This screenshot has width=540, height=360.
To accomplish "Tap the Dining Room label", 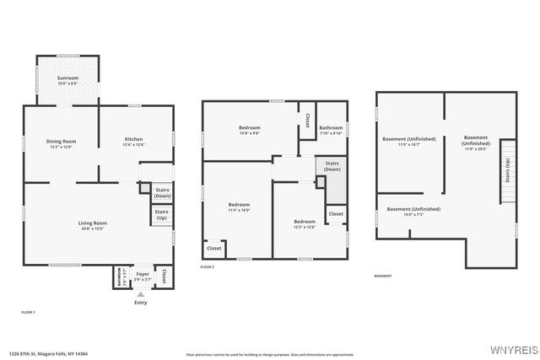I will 62,142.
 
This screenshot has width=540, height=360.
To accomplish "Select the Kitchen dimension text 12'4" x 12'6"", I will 134,145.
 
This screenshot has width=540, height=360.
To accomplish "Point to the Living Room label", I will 94,223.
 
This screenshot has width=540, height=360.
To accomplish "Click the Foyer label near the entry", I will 142,274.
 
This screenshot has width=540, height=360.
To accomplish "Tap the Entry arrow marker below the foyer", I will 140,294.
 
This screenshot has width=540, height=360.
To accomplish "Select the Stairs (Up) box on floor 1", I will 161,214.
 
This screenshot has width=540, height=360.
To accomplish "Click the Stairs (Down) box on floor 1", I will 162,193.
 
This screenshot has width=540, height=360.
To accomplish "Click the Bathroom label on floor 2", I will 330,128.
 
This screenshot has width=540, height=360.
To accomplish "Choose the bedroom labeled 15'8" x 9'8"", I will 249,128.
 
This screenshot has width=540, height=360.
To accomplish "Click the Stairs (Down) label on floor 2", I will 332,166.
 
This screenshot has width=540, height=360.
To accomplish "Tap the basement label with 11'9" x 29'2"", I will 475,142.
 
